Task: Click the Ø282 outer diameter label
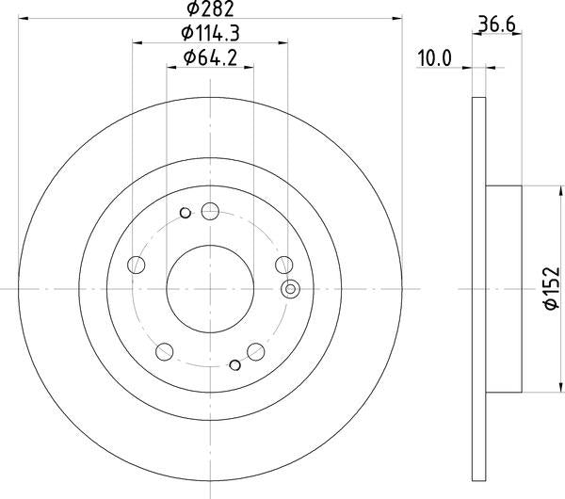pyautogui.click(x=210, y=8)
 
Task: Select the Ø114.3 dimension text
pyautogui.click(x=210, y=34)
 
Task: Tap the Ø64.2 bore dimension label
pyautogui.click(x=210, y=57)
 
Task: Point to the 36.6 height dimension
pyautogui.click(x=497, y=24)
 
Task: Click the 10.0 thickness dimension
pyautogui.click(x=434, y=58)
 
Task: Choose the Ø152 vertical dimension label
pyautogui.click(x=552, y=288)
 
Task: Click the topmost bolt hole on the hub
pyautogui.click(x=210, y=211)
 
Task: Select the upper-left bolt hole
pyautogui.click(x=137, y=265)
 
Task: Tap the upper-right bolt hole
pyautogui.click(x=284, y=265)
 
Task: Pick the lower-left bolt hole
pyautogui.click(x=164, y=351)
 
